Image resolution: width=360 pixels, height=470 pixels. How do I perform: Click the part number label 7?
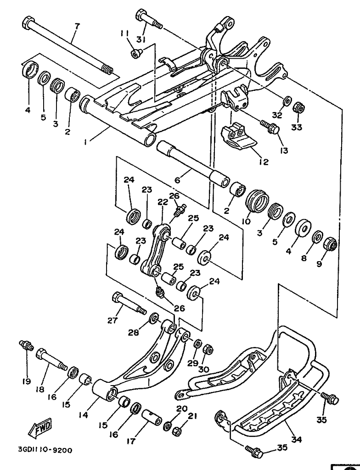click(x=77, y=25)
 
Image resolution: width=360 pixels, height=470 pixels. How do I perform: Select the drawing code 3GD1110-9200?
click(x=45, y=450)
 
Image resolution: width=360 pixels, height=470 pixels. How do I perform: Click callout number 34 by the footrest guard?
click(x=297, y=440)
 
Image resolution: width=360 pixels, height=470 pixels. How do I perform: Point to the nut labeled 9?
click(x=330, y=244)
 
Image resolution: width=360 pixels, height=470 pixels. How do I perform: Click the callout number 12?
click(x=263, y=162)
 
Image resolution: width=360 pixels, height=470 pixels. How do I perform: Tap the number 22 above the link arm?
click(x=163, y=202)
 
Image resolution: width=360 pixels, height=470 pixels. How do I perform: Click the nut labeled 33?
click(x=298, y=108)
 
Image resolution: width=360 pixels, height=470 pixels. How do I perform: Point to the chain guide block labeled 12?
click(x=237, y=137)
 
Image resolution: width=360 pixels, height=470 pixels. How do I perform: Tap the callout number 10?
click(x=246, y=221)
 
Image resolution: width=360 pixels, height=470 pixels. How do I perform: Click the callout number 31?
click(x=141, y=39)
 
